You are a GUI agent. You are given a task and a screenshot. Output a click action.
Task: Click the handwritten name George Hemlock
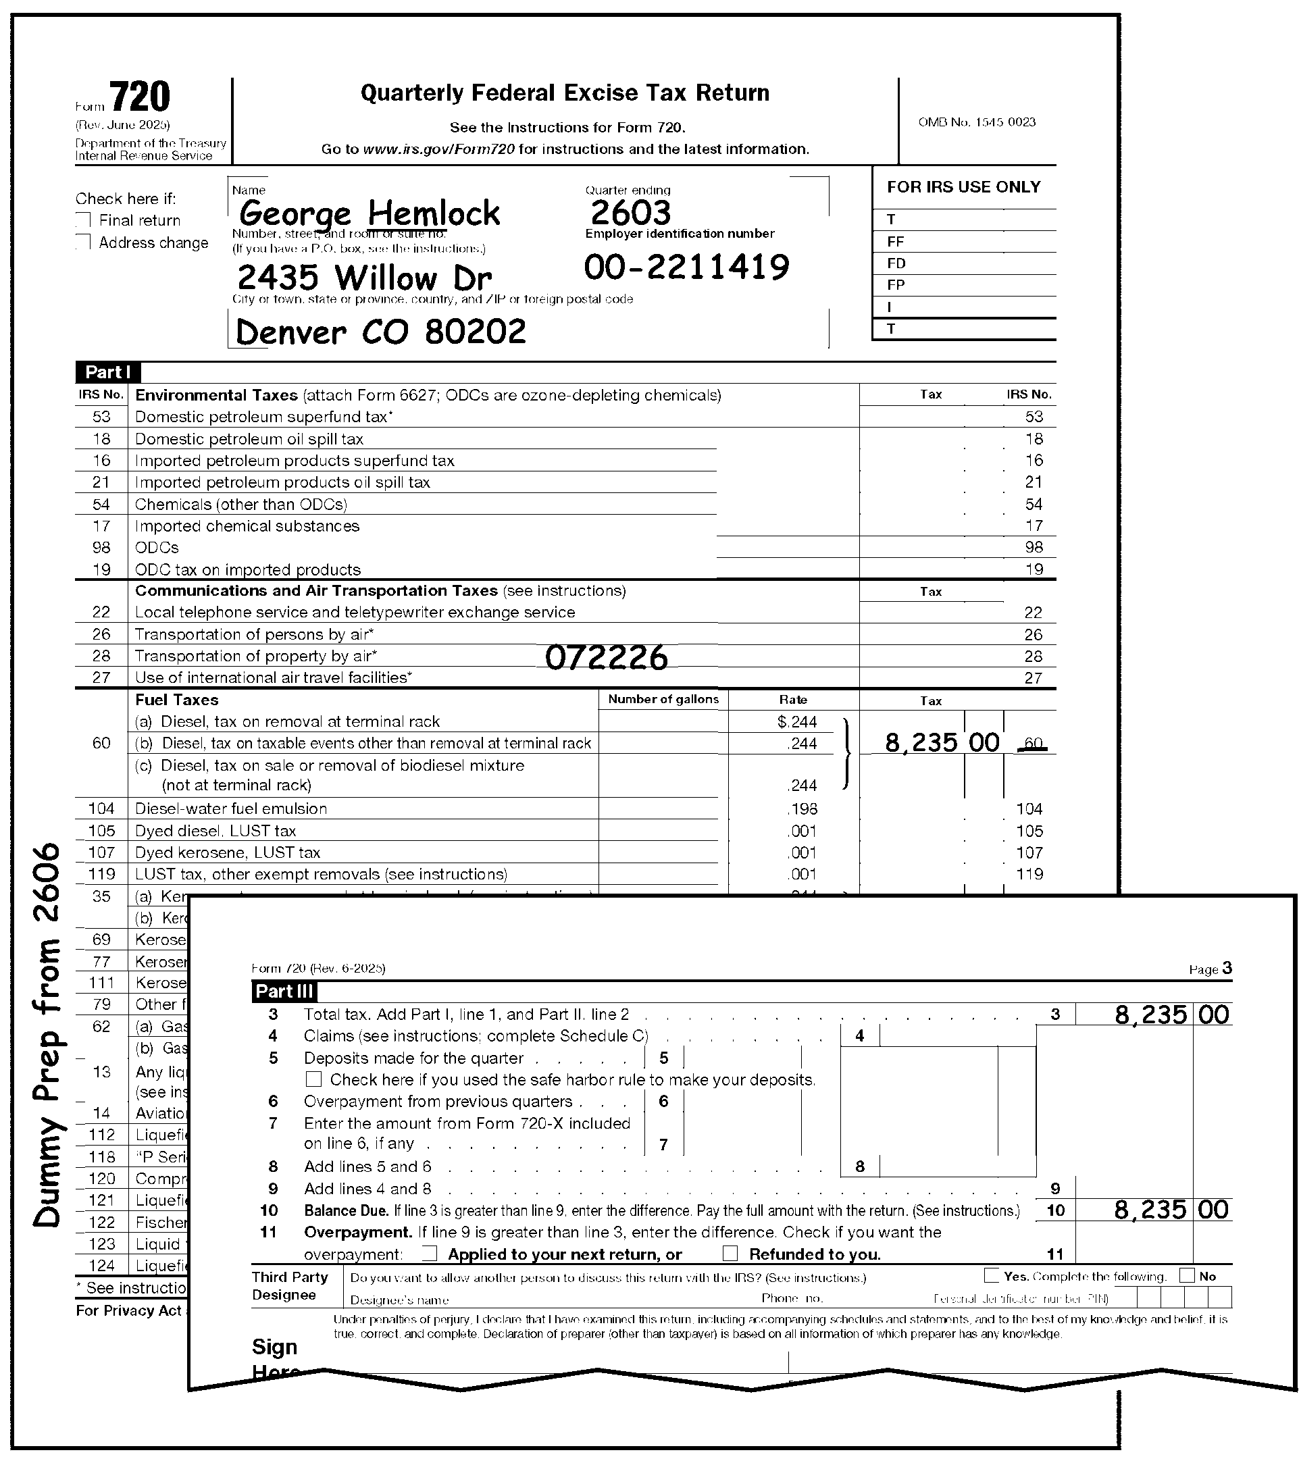click(370, 213)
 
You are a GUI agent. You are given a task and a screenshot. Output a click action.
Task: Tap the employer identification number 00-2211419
click(686, 267)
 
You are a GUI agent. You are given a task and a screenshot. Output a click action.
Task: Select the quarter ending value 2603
click(630, 213)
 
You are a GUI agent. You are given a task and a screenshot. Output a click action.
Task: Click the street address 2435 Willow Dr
click(364, 278)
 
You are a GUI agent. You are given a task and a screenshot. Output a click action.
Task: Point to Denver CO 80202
click(381, 332)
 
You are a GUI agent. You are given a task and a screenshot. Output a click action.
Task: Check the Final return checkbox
click(84, 220)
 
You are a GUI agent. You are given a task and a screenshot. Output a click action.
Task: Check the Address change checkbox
click(84, 242)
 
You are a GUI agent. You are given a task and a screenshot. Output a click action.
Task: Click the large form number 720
click(140, 97)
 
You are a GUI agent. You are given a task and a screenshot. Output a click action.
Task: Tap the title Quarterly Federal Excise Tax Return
click(565, 93)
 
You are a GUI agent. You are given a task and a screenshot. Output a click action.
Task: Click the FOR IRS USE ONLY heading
click(963, 188)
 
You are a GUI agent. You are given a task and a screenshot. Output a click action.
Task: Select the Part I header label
click(107, 372)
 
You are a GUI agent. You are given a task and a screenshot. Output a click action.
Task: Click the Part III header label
click(284, 992)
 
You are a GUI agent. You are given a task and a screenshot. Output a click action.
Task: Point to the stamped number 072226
click(606, 657)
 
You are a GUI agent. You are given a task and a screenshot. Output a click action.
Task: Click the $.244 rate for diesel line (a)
click(796, 721)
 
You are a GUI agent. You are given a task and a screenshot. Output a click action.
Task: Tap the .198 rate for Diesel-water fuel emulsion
click(802, 808)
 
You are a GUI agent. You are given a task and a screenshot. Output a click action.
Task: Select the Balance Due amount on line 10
click(1171, 1210)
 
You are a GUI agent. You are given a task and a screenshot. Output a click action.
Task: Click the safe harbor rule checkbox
click(313, 1079)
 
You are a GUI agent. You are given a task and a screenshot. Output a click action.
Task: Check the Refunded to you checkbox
click(730, 1254)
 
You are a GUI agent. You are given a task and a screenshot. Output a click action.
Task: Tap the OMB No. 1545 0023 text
click(977, 122)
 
